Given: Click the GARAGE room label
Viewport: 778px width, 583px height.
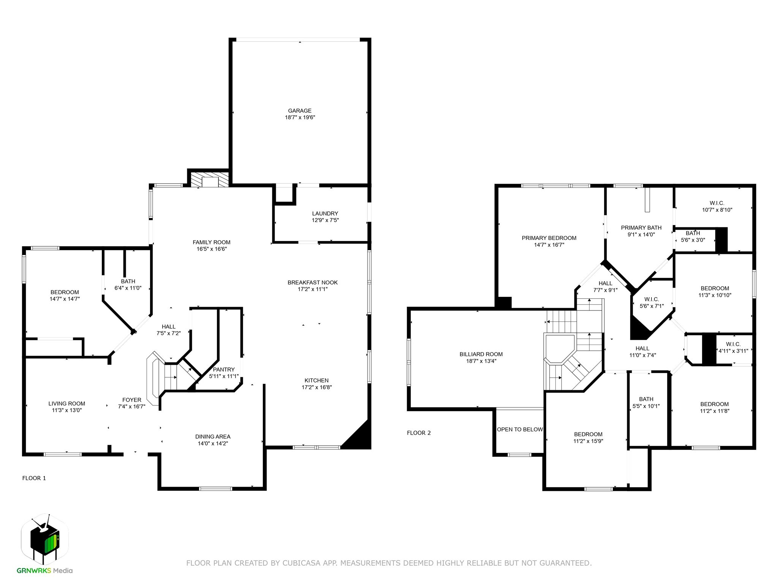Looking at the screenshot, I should [299, 111].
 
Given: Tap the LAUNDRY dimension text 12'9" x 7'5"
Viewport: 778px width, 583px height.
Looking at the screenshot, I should [325, 220].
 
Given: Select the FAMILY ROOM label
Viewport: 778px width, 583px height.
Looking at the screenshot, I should [211, 242].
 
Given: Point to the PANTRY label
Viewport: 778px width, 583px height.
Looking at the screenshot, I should [224, 369].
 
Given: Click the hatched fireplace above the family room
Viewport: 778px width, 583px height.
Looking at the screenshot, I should [210, 180].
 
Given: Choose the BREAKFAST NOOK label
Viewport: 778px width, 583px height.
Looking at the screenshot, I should [312, 282].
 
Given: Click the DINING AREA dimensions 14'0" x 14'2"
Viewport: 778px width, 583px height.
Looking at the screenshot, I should [213, 443].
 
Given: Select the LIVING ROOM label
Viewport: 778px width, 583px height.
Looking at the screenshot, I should [66, 403].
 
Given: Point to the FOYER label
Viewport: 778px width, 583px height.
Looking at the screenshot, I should [131, 400].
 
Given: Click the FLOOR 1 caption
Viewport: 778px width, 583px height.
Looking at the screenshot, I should [34, 478].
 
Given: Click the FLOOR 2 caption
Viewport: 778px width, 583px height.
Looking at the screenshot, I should [419, 433].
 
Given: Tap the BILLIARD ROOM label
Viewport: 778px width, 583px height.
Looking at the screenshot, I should [481, 354].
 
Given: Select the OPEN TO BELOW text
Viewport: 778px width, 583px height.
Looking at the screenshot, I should [520, 429].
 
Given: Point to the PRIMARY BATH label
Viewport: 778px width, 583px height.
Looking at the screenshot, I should [641, 228].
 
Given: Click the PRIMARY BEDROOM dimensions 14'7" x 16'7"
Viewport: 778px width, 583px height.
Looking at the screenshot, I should [549, 245].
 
